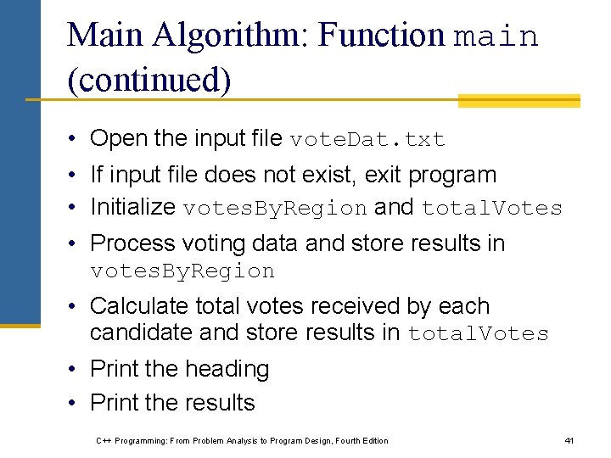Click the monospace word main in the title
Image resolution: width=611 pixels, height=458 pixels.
[x=496, y=36]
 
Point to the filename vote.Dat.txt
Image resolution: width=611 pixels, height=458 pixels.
[x=367, y=139]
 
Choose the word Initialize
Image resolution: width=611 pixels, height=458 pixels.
[x=133, y=207]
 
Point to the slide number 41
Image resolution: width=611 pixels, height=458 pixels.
[x=569, y=440]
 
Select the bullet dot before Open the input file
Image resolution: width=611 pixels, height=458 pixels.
[x=76, y=138]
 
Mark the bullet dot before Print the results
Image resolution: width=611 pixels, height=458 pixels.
[x=76, y=403]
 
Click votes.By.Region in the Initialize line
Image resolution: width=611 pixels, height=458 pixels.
[x=275, y=209]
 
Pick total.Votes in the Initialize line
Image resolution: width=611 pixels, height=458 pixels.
[x=492, y=209]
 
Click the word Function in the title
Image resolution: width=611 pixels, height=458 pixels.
[x=383, y=35]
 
